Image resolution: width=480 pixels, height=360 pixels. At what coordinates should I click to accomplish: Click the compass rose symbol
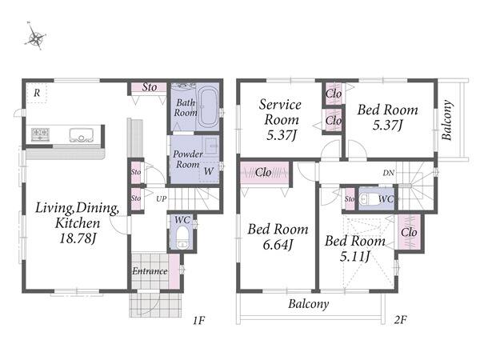click(36, 38)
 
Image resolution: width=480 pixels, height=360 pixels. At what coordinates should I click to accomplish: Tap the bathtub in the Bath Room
click(208, 107)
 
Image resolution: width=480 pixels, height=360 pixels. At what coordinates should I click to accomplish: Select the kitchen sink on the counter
click(81, 135)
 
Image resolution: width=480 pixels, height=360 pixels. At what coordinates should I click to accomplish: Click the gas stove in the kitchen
click(41, 134)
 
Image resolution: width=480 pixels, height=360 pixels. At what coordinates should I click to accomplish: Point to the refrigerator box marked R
click(37, 93)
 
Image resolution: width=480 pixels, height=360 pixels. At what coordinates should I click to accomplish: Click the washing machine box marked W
click(209, 171)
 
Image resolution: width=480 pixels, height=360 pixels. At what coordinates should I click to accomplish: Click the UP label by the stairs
click(162, 199)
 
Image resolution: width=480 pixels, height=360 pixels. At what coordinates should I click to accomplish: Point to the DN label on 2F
click(389, 173)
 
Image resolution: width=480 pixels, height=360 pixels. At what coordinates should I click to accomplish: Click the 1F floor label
click(198, 320)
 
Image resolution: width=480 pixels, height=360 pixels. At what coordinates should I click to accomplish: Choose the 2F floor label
click(400, 320)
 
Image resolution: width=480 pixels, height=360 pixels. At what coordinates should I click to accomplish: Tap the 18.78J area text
click(78, 238)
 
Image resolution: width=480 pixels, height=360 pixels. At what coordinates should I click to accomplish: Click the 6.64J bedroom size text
click(278, 245)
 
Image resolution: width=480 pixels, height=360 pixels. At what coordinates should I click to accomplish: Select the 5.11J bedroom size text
click(355, 256)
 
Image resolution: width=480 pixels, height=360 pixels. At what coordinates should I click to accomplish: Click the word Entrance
click(150, 271)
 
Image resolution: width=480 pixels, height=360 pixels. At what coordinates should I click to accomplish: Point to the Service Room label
click(281, 112)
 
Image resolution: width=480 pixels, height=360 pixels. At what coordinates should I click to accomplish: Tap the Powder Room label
click(188, 159)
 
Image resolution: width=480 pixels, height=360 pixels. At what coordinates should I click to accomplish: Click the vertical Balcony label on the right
click(447, 120)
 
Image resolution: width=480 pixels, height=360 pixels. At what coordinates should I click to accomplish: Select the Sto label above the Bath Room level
click(150, 87)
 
